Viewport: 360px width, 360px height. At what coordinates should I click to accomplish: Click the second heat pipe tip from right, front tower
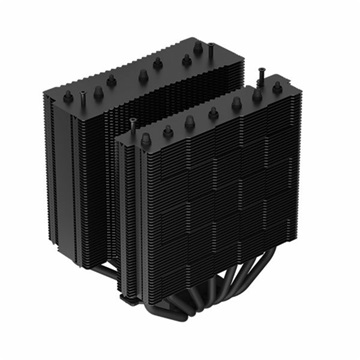coord(237,105)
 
